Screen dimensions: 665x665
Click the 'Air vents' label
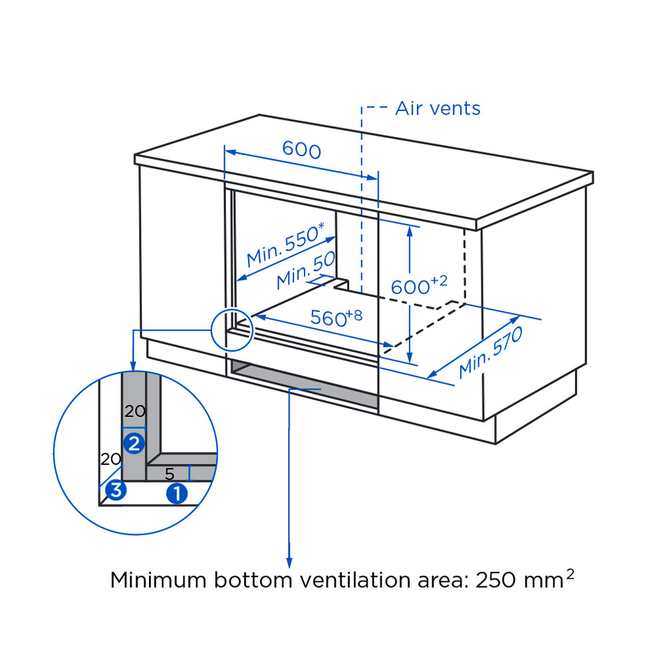coord(438,108)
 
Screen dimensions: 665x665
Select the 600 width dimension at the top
coord(301,150)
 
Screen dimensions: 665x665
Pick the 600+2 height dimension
coord(418,285)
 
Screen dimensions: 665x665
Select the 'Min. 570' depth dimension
coord(491,352)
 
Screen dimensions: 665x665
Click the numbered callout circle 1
coord(176,493)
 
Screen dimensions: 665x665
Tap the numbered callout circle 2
coord(134,442)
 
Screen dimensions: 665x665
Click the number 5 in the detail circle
coord(170,475)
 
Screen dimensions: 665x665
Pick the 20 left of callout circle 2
coord(110,459)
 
